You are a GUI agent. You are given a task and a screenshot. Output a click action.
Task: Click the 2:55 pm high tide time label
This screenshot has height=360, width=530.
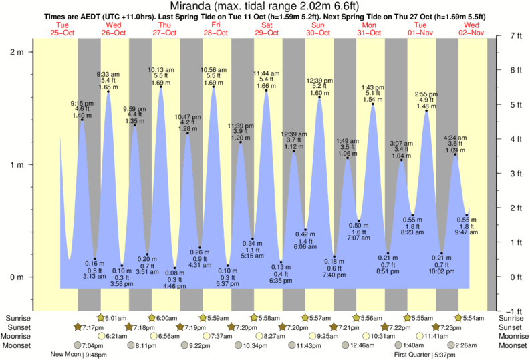(x=426, y=94)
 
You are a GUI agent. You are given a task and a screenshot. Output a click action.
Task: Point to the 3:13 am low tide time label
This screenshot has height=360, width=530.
(x=95, y=275)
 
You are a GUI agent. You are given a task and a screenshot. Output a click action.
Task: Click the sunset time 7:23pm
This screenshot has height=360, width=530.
(x=448, y=327)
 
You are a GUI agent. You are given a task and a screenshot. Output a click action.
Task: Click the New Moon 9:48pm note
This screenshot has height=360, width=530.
(x=79, y=355)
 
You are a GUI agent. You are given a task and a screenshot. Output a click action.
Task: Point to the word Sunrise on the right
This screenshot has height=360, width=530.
(x=512, y=318)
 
